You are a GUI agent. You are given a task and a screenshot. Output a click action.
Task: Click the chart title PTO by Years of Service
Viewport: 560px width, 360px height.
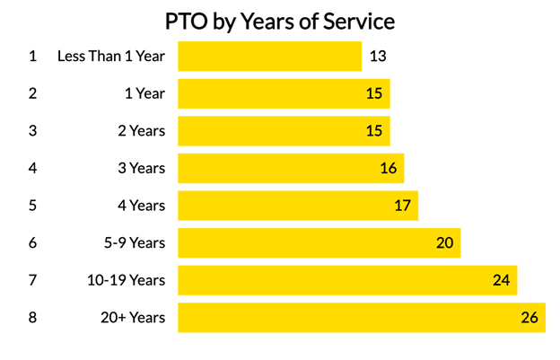coord(280,20)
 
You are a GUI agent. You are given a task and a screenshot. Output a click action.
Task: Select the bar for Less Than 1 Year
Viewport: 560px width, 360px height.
coord(269,56)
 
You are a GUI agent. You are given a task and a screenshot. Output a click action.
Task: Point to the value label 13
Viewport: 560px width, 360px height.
coord(378,56)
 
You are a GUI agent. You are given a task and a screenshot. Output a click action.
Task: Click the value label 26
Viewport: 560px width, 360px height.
coord(529,318)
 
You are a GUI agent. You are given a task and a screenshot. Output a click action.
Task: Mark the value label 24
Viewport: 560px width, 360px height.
coord(501,280)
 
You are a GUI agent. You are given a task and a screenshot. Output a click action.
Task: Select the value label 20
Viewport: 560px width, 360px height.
coord(445,242)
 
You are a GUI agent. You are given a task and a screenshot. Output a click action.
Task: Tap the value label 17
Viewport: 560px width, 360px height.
coord(402,206)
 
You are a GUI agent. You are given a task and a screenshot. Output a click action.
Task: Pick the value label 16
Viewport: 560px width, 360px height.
coord(388,168)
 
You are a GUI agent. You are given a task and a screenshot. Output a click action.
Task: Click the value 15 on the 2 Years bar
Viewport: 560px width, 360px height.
coord(374,131)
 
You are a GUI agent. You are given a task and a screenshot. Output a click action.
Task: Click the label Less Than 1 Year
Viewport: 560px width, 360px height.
coord(111,56)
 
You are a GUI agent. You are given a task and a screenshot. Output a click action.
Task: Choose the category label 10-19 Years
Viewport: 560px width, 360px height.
coord(126,280)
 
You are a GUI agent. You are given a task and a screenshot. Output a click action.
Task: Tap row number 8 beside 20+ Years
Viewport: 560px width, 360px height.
coord(33,318)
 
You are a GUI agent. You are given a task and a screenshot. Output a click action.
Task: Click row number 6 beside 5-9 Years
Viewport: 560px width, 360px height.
coord(33,242)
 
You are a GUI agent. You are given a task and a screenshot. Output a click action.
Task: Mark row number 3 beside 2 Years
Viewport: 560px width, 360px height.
coord(33,131)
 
